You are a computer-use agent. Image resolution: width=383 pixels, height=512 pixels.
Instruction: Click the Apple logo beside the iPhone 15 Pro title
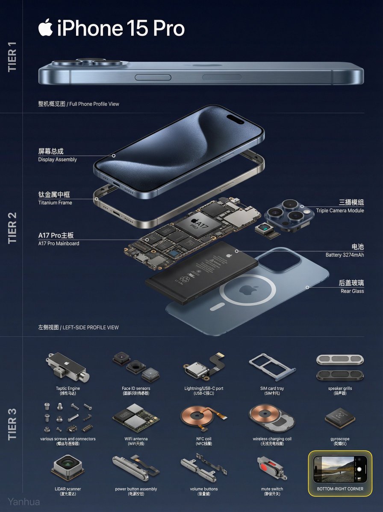point(45,28)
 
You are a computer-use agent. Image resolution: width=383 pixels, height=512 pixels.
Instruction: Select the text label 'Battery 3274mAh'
point(345,255)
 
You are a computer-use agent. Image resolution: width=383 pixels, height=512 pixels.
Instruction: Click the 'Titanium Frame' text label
point(55,203)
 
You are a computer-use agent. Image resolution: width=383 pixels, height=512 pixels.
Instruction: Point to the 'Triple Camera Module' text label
point(340,210)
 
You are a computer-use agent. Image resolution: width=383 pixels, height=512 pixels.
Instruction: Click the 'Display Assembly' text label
point(57,160)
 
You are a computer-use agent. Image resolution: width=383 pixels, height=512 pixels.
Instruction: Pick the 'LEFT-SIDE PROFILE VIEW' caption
point(90,327)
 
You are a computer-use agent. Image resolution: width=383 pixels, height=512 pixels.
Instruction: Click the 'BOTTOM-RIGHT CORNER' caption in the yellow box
point(340,489)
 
